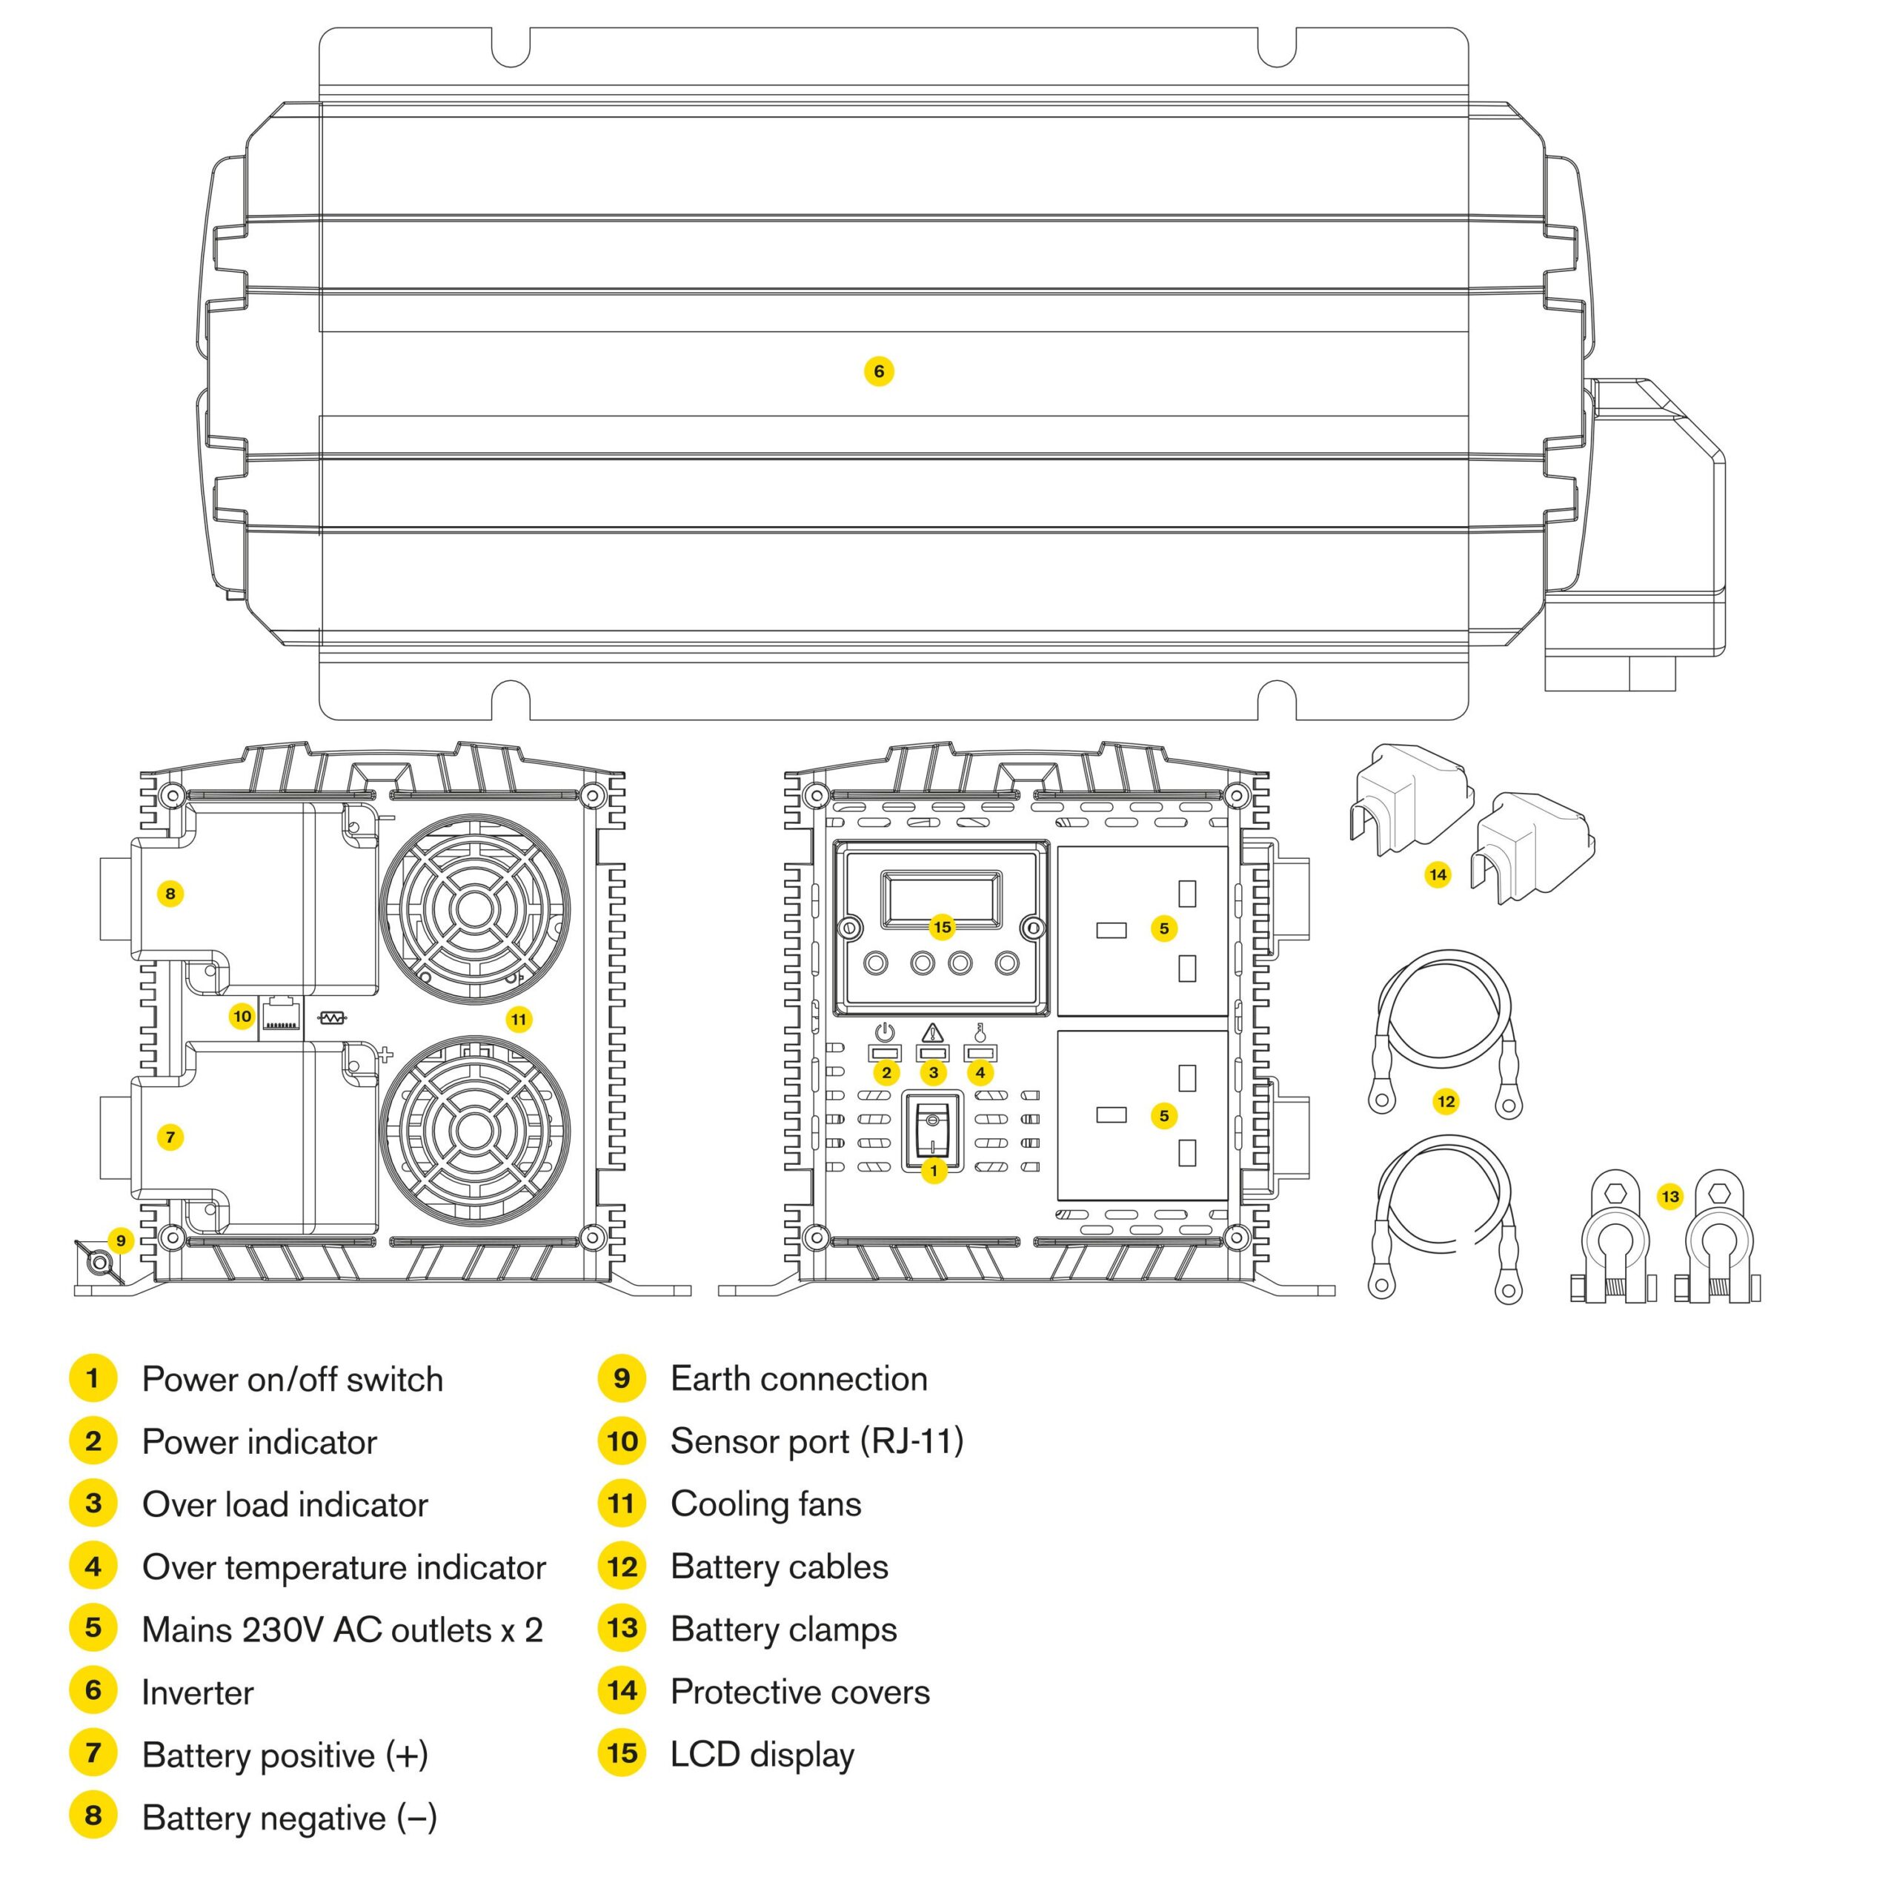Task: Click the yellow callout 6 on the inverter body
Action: [879, 371]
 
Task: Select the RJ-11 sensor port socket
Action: [281, 1015]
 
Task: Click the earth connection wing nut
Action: [97, 1260]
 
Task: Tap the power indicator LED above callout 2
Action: [886, 1052]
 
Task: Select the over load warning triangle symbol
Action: [933, 1032]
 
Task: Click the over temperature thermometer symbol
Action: [979, 1032]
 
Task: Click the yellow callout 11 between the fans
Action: [519, 1019]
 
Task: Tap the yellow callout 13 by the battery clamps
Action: [1670, 1196]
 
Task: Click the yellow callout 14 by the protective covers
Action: [1438, 874]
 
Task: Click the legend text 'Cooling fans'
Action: [766, 1504]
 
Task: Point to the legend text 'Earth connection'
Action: [798, 1378]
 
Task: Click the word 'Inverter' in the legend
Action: [197, 1692]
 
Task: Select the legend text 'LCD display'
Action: [762, 1755]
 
